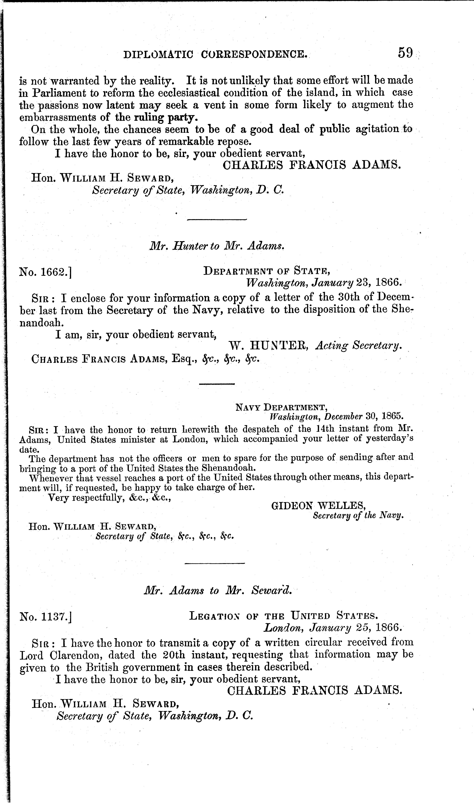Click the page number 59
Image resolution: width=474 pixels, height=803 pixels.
(x=405, y=52)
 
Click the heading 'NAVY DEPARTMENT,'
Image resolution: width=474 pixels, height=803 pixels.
(x=281, y=407)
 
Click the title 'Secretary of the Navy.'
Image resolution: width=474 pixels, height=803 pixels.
(x=358, y=516)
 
